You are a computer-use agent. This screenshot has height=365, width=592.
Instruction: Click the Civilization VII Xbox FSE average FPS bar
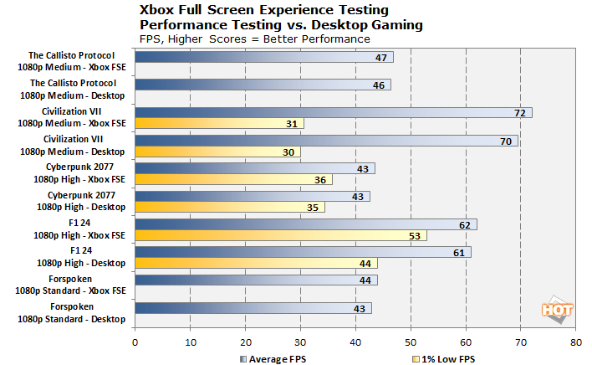tap(333, 112)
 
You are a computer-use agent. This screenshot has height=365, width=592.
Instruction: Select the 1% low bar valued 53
tap(280, 235)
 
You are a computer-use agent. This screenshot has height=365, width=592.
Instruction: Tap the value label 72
tap(518, 112)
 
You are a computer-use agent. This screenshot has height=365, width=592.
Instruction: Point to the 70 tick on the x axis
tap(520, 342)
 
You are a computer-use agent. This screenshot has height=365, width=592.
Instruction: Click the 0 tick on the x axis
tap(135, 342)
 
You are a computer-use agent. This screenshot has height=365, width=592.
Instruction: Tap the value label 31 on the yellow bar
tap(290, 124)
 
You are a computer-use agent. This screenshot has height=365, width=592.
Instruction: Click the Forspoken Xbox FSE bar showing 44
tap(255, 280)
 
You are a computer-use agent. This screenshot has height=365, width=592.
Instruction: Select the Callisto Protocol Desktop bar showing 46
tap(262, 85)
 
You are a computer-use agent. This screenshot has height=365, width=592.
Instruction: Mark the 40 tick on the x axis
tap(355, 342)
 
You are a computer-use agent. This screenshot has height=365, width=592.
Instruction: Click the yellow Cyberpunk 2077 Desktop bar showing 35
tap(230, 208)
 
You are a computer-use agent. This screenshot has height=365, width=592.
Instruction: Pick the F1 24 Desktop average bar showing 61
tap(302, 252)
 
